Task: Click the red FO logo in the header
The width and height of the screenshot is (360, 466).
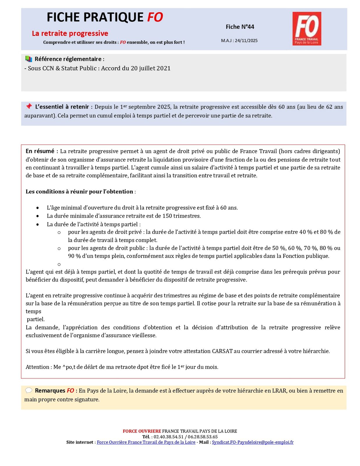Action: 307,29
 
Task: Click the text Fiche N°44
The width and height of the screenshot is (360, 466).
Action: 240,27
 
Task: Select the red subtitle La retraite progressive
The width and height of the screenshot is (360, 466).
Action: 70,33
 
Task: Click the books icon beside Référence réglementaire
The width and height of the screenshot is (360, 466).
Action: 29,59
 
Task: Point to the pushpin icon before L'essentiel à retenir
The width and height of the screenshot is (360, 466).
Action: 29,106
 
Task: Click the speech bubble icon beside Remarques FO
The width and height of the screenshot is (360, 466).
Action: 29,390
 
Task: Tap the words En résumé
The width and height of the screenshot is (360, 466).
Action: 40,151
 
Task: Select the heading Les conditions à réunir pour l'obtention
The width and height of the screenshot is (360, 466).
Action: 79,192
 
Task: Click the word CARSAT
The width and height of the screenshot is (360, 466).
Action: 222,351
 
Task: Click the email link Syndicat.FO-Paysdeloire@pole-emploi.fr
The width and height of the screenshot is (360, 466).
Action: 253,442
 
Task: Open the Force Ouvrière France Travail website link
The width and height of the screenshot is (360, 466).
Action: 146,442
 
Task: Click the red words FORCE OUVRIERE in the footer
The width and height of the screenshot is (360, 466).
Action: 142,431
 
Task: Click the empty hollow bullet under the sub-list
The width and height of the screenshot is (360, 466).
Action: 59,264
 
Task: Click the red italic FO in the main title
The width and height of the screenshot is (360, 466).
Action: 155,17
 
